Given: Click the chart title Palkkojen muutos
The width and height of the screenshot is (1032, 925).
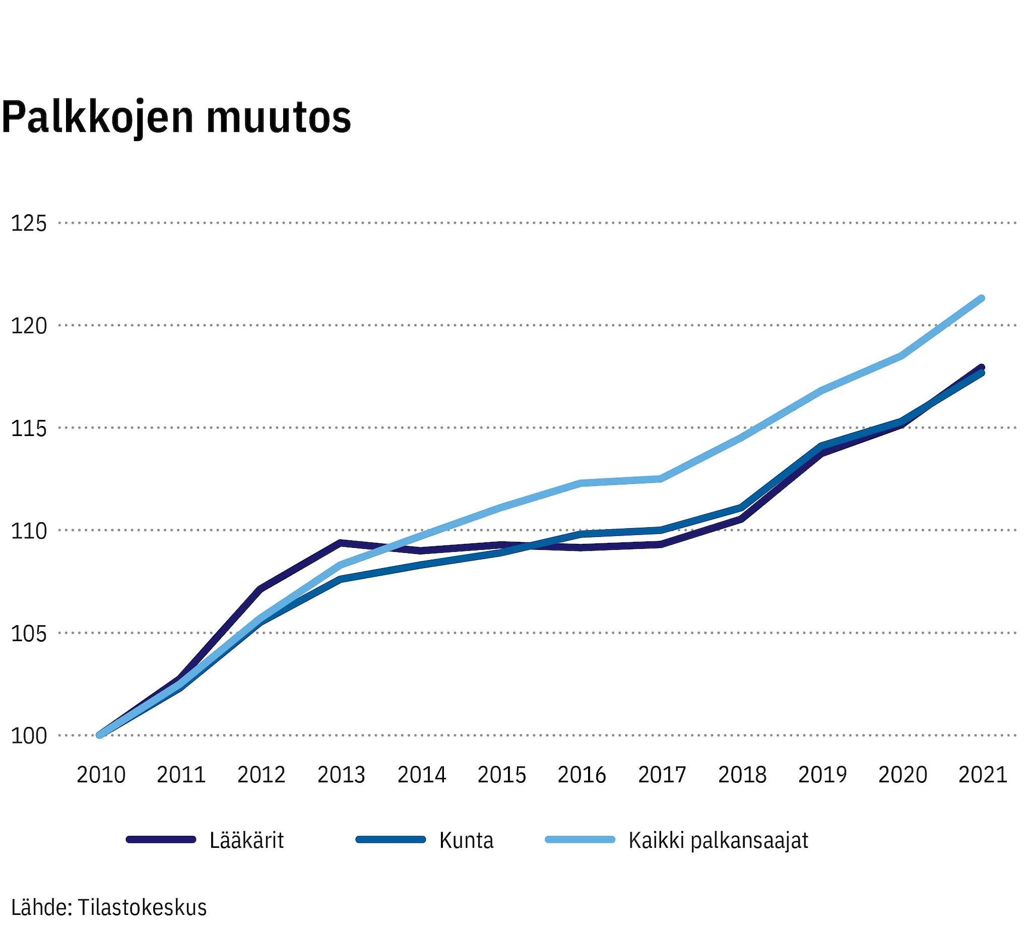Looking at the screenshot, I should click(176, 118).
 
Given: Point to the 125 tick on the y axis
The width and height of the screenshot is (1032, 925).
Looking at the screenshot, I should click(28, 223).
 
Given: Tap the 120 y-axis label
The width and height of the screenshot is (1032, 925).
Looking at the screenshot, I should click(28, 325).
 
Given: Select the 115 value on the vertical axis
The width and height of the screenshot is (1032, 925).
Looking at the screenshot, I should click(28, 428).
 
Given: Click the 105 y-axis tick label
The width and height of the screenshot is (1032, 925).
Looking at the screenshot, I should click(28, 633).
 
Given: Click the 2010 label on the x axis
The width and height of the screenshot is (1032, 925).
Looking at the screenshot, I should click(101, 775).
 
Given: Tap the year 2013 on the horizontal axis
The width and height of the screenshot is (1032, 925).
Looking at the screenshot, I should click(342, 775).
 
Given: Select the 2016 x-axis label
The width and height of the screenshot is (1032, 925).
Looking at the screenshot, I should click(582, 775).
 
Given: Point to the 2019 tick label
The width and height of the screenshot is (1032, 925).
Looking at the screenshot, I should click(823, 775).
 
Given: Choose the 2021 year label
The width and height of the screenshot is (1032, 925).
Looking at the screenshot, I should click(983, 775).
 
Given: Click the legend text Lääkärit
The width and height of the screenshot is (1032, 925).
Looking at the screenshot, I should click(246, 841).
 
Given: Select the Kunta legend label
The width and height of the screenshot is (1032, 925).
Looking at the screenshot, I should click(467, 841).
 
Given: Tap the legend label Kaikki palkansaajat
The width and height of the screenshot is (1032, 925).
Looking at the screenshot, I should click(718, 841).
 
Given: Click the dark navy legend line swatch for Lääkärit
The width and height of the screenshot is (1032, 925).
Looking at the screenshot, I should click(161, 840).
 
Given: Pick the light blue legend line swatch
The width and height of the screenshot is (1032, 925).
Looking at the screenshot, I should click(580, 840).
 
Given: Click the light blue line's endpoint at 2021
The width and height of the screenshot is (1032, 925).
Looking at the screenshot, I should click(982, 298).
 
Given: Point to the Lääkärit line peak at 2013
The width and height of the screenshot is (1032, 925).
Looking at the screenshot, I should click(341, 542).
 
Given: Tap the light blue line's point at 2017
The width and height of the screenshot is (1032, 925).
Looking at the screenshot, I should click(662, 478).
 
